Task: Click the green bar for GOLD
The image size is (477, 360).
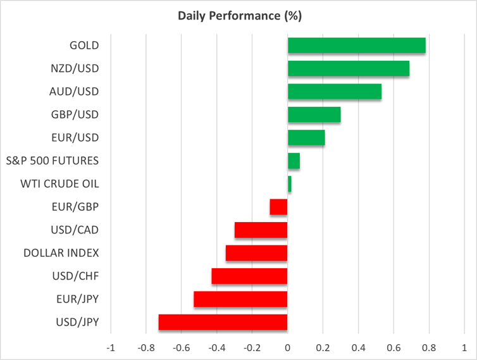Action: [x=357, y=46]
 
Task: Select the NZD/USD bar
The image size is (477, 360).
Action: [x=349, y=68]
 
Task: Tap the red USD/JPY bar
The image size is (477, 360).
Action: [x=223, y=322]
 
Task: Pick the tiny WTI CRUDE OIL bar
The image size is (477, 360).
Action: [x=290, y=184]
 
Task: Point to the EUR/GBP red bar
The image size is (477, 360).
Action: [x=278, y=207]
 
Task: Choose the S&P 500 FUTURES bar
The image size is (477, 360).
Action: [x=294, y=161]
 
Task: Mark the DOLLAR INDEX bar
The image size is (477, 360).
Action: [x=256, y=253]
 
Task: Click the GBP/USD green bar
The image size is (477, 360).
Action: [x=314, y=115]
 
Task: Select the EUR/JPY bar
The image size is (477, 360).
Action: [x=240, y=299]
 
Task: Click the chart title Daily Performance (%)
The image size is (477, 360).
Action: [x=240, y=16]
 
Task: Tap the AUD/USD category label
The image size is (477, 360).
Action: [x=74, y=92]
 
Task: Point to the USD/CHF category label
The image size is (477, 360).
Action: [x=75, y=276]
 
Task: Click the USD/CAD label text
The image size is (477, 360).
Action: [x=75, y=230]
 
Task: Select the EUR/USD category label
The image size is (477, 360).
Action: [x=75, y=137]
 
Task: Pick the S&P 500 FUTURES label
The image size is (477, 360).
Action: [x=53, y=161]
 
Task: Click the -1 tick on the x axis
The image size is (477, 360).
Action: [x=111, y=347]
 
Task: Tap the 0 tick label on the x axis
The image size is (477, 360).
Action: [x=287, y=347]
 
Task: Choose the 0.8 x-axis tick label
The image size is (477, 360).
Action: [x=429, y=347]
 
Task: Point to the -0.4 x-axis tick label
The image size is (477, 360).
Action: [x=216, y=347]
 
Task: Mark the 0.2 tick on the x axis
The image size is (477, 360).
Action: [x=323, y=347]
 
